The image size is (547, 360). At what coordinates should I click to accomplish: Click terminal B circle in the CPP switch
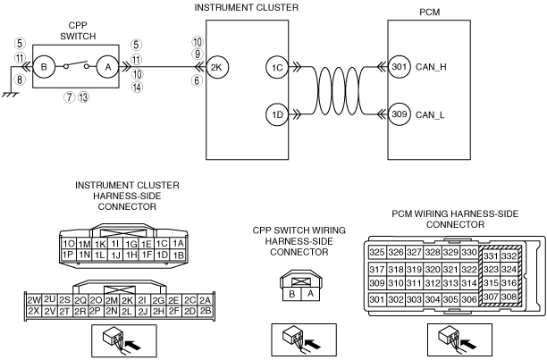44,67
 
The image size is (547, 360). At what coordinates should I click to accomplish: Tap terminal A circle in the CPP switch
108,67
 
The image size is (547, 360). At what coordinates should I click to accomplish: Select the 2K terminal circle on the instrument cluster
217,67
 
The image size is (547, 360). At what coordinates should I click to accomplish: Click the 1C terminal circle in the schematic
277,67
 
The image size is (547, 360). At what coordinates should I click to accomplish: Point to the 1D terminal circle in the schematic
277,114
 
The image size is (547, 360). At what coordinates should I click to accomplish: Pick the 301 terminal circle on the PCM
400,66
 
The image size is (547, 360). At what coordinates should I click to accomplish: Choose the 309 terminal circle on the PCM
400,114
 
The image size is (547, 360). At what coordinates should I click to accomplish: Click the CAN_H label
431,67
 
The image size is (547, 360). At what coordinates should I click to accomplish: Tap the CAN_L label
430,114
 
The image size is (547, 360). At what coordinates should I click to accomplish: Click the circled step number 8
20,80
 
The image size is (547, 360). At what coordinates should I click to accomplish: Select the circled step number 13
83,96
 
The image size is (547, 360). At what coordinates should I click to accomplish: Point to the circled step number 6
197,80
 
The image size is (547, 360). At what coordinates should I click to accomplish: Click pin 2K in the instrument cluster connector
127,300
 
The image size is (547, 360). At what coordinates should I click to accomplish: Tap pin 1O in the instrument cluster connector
68,244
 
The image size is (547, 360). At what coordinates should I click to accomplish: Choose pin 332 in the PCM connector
509,256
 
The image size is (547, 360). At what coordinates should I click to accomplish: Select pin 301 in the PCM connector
377,299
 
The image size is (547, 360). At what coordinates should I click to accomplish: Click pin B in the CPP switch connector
291,294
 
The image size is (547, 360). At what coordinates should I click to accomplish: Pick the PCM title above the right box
429,13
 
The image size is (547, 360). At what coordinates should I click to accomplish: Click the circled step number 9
198,54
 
